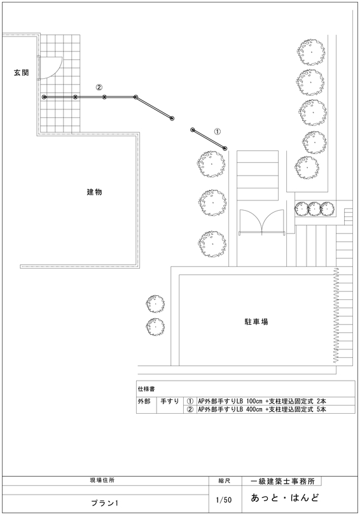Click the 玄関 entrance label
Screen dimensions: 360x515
point(22,73)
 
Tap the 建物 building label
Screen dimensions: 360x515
point(95,192)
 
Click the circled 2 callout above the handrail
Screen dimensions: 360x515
point(99,87)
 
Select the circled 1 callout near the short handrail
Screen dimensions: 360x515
point(218,131)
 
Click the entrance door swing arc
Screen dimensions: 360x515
point(55,71)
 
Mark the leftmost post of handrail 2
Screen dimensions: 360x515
point(45,97)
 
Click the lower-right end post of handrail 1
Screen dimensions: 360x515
point(225,148)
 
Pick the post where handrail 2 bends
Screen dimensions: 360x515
point(135,97)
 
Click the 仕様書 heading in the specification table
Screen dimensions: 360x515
point(146,389)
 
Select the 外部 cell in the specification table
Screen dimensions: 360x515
point(144,401)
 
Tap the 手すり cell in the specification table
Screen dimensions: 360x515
point(170,401)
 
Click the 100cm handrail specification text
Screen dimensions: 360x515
point(262,401)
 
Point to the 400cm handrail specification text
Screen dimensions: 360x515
point(262,409)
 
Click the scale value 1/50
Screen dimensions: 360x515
point(224,500)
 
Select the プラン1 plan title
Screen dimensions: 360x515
point(104,503)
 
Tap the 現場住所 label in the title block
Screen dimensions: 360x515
point(102,480)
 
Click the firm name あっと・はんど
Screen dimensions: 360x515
point(284,498)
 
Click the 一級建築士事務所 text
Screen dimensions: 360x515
point(282,481)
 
